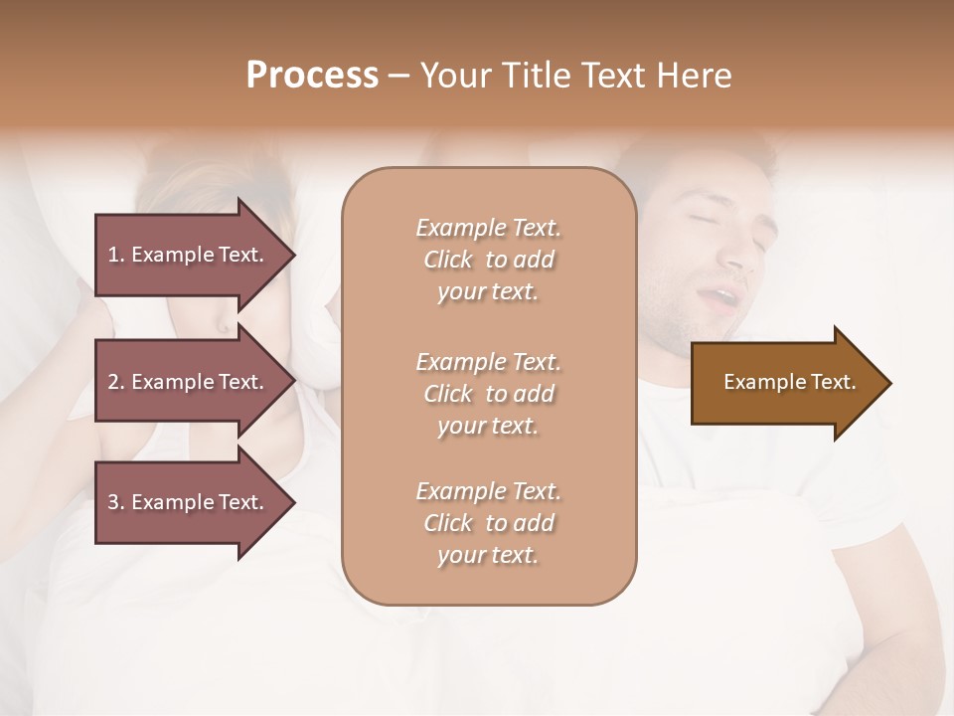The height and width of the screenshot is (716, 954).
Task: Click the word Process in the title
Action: click(x=312, y=76)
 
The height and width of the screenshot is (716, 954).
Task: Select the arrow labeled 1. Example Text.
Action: click(x=189, y=255)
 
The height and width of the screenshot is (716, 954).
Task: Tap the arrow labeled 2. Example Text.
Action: click(x=189, y=382)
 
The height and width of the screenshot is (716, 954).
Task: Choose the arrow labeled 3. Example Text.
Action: click(x=189, y=502)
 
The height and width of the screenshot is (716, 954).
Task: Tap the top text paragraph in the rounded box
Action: click(x=488, y=260)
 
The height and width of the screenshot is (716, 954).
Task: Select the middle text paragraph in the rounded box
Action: click(x=488, y=394)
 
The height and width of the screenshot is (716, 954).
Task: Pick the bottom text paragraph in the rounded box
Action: click(x=488, y=523)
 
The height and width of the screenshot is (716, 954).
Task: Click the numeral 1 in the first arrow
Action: click(x=113, y=255)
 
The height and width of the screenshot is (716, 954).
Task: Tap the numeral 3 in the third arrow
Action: click(x=113, y=502)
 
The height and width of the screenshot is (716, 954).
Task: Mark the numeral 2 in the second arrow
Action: click(x=113, y=382)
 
